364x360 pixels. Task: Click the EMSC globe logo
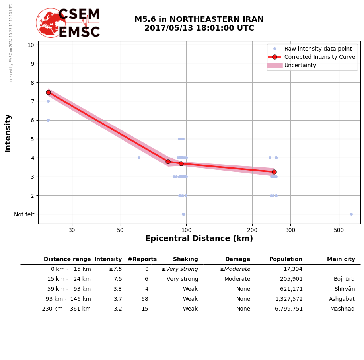[51, 23]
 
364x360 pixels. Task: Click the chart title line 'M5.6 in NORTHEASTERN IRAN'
[199, 19]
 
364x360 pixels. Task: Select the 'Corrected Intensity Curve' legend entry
[319, 57]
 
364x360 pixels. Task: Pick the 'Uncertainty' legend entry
[300, 65]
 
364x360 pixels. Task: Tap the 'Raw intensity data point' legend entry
[318, 49]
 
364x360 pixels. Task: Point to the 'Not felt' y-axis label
[24, 214]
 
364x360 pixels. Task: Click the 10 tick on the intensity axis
[31, 45]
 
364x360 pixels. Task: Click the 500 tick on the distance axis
[339, 230]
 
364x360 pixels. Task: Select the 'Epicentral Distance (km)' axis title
[199, 239]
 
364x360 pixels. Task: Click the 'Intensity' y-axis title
[8, 133]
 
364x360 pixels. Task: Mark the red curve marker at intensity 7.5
[48, 92]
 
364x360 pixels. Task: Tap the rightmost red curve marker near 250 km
[274, 172]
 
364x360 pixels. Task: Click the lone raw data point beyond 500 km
[351, 214]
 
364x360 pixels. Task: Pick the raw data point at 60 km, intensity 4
[139, 158]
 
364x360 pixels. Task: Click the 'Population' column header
[286, 259]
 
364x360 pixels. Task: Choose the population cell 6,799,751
[288, 309]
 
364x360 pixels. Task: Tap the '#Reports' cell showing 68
[144, 299]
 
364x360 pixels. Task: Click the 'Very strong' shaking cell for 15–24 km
[182, 279]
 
